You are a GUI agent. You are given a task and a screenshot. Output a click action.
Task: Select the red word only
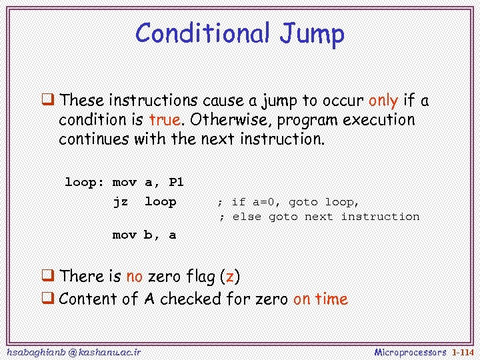pyautogui.click(x=383, y=101)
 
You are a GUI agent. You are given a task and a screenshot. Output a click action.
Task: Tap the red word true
pyautogui.click(x=165, y=120)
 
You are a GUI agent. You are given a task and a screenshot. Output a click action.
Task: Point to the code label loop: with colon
pyautogui.click(x=84, y=182)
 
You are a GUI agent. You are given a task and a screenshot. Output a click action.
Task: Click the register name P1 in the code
pyautogui.click(x=176, y=182)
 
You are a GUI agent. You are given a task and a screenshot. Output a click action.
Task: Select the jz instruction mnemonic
pyautogui.click(x=120, y=201)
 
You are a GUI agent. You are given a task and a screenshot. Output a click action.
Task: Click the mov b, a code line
pyautogui.click(x=144, y=235)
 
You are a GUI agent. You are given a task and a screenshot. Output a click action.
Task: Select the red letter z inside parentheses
pyautogui.click(x=229, y=277)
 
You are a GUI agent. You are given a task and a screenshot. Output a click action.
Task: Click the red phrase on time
pyautogui.click(x=320, y=299)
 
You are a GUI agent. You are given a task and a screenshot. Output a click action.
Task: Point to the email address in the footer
pyautogui.click(x=73, y=351)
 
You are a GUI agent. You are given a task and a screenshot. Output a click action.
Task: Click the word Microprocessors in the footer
pyautogui.click(x=410, y=351)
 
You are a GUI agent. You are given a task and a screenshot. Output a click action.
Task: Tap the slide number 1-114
pyautogui.click(x=462, y=351)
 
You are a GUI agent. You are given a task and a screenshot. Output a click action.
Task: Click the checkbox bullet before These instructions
pyautogui.click(x=48, y=101)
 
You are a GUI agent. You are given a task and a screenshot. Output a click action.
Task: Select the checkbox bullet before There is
pyautogui.click(x=48, y=276)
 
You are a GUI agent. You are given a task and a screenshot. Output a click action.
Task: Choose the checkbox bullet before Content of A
pyautogui.click(x=48, y=299)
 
